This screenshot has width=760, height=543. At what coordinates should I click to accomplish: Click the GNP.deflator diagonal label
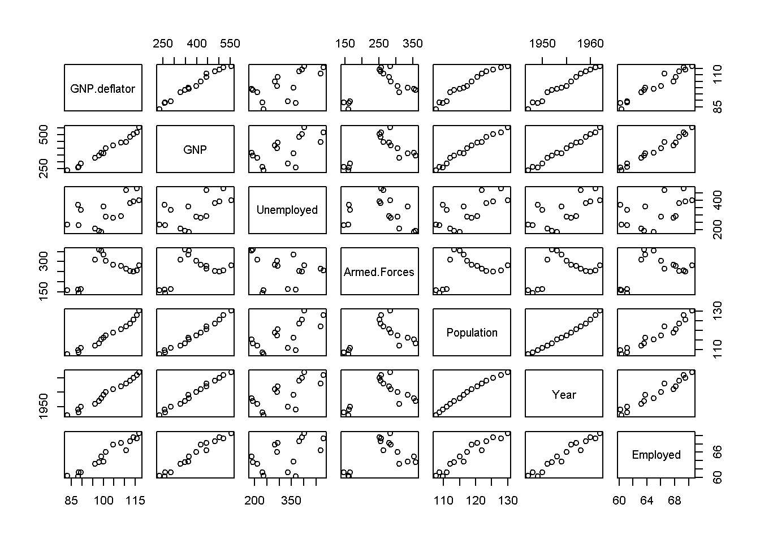click(102, 89)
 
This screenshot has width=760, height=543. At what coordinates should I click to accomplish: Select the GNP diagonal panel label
click(195, 149)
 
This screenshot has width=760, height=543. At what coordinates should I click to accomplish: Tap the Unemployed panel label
click(287, 210)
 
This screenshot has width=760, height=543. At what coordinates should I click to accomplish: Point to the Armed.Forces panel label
click(379, 272)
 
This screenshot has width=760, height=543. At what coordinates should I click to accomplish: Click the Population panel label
click(472, 333)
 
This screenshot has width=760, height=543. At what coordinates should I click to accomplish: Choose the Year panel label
click(564, 395)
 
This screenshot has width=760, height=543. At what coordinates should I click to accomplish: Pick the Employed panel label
click(656, 455)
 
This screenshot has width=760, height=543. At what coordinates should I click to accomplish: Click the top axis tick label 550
click(230, 44)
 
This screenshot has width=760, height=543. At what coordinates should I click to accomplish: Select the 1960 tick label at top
click(590, 44)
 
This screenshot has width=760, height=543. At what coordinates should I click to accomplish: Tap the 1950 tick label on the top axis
click(542, 44)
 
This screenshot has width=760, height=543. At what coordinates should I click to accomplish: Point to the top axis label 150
click(345, 44)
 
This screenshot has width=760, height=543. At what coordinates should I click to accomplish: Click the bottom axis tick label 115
click(135, 501)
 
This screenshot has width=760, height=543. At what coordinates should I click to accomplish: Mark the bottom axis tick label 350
click(291, 501)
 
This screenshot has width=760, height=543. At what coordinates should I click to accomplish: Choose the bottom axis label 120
click(476, 501)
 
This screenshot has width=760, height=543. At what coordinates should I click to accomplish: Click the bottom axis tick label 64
click(647, 501)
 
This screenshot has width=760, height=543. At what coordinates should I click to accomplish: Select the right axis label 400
click(717, 200)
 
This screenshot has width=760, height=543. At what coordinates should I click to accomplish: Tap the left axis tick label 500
click(44, 135)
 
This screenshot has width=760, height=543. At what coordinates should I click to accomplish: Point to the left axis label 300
click(44, 261)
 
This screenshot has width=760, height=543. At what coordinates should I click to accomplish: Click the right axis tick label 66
click(717, 452)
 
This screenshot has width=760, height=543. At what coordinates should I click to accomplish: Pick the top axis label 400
click(196, 44)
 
